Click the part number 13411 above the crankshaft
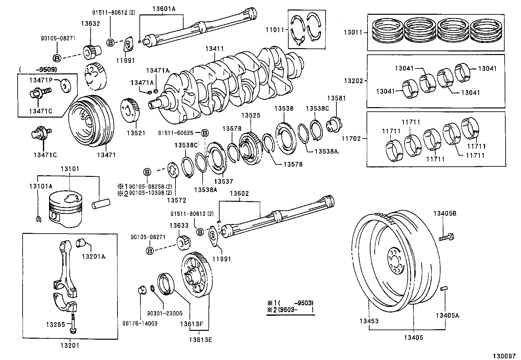click(214, 49)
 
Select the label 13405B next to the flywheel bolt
click(445, 213)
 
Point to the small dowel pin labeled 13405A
click(444, 288)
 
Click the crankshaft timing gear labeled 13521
click(132, 110)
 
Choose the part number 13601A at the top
click(164, 9)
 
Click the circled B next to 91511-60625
click(205, 133)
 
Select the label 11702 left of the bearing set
click(351, 139)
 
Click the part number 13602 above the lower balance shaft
click(239, 194)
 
